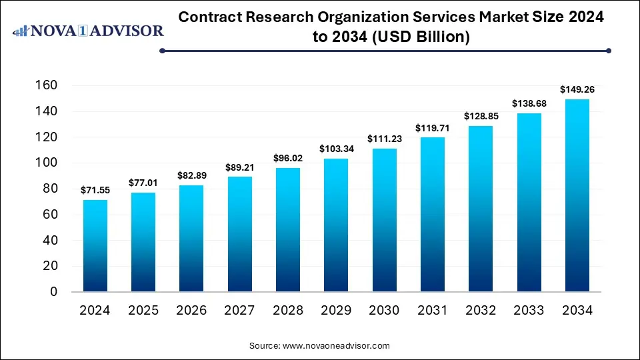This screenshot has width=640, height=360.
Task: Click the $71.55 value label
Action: [95, 190]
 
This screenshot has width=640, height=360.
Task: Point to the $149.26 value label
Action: [577, 89]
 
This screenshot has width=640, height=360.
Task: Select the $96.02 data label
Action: [288, 158]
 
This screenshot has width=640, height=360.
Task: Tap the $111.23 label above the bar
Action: [384, 139]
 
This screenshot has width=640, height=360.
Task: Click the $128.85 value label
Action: [480, 116]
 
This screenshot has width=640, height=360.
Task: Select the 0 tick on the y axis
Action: [53, 292]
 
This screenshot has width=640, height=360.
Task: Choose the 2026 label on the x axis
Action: [191, 311]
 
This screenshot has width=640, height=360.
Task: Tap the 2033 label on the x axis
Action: [529, 311]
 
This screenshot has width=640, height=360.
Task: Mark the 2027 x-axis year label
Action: [240, 311]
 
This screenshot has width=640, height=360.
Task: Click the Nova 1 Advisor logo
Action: [89, 31]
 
